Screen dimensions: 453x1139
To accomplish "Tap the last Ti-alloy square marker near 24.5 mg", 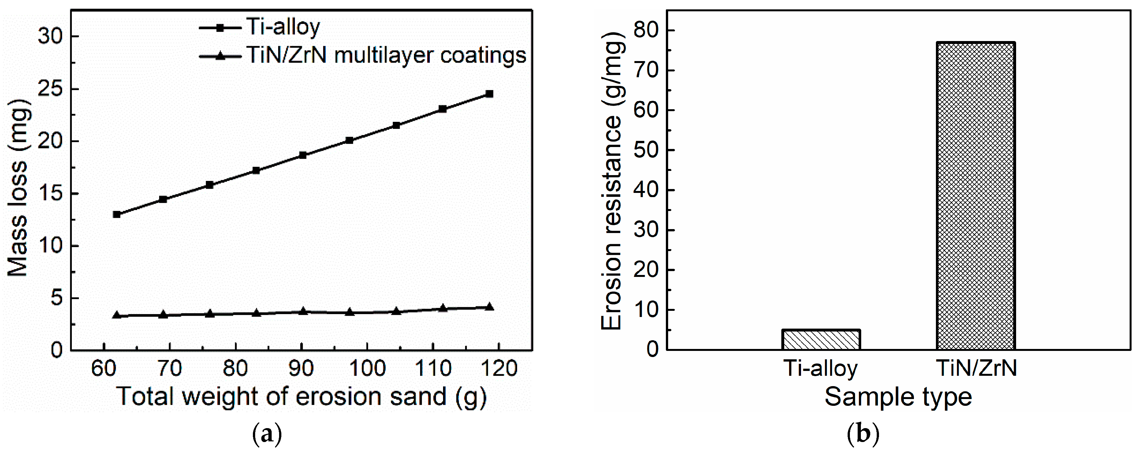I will [489, 94].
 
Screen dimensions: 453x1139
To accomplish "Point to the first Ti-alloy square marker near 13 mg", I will [117, 214].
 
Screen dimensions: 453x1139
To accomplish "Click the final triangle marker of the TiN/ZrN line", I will [489, 307].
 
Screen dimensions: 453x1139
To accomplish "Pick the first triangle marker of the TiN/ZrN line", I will [117, 315].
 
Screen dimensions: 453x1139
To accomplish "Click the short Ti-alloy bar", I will [821, 339].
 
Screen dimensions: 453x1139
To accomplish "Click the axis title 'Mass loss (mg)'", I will [18, 187].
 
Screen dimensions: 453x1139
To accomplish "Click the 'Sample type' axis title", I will [898, 396].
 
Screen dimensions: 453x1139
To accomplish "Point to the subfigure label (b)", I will [862, 435].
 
